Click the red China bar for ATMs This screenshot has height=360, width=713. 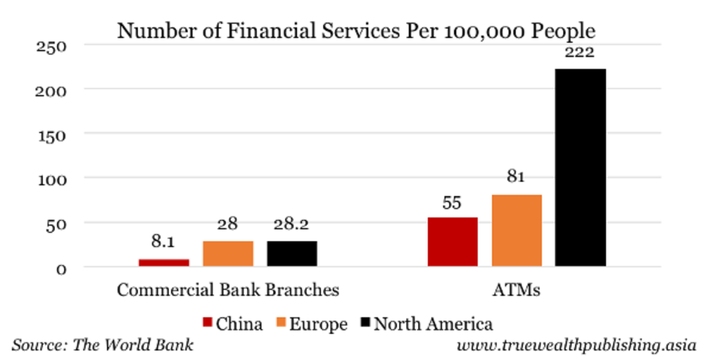(x=452, y=242)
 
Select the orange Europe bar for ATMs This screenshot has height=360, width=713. (x=516, y=230)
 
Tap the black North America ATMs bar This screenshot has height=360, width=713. (x=581, y=168)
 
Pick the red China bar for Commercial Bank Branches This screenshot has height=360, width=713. (x=164, y=262)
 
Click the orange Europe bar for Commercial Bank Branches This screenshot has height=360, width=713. (x=228, y=254)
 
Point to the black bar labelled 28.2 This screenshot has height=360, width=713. (x=292, y=254)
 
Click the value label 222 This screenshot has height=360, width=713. (x=580, y=53)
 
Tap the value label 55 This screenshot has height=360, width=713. (x=452, y=203)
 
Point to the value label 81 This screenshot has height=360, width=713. (x=516, y=176)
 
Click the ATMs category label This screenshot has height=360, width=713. (x=516, y=290)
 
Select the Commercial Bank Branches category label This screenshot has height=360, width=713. (x=228, y=290)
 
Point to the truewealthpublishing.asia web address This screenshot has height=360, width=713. (x=579, y=345)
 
